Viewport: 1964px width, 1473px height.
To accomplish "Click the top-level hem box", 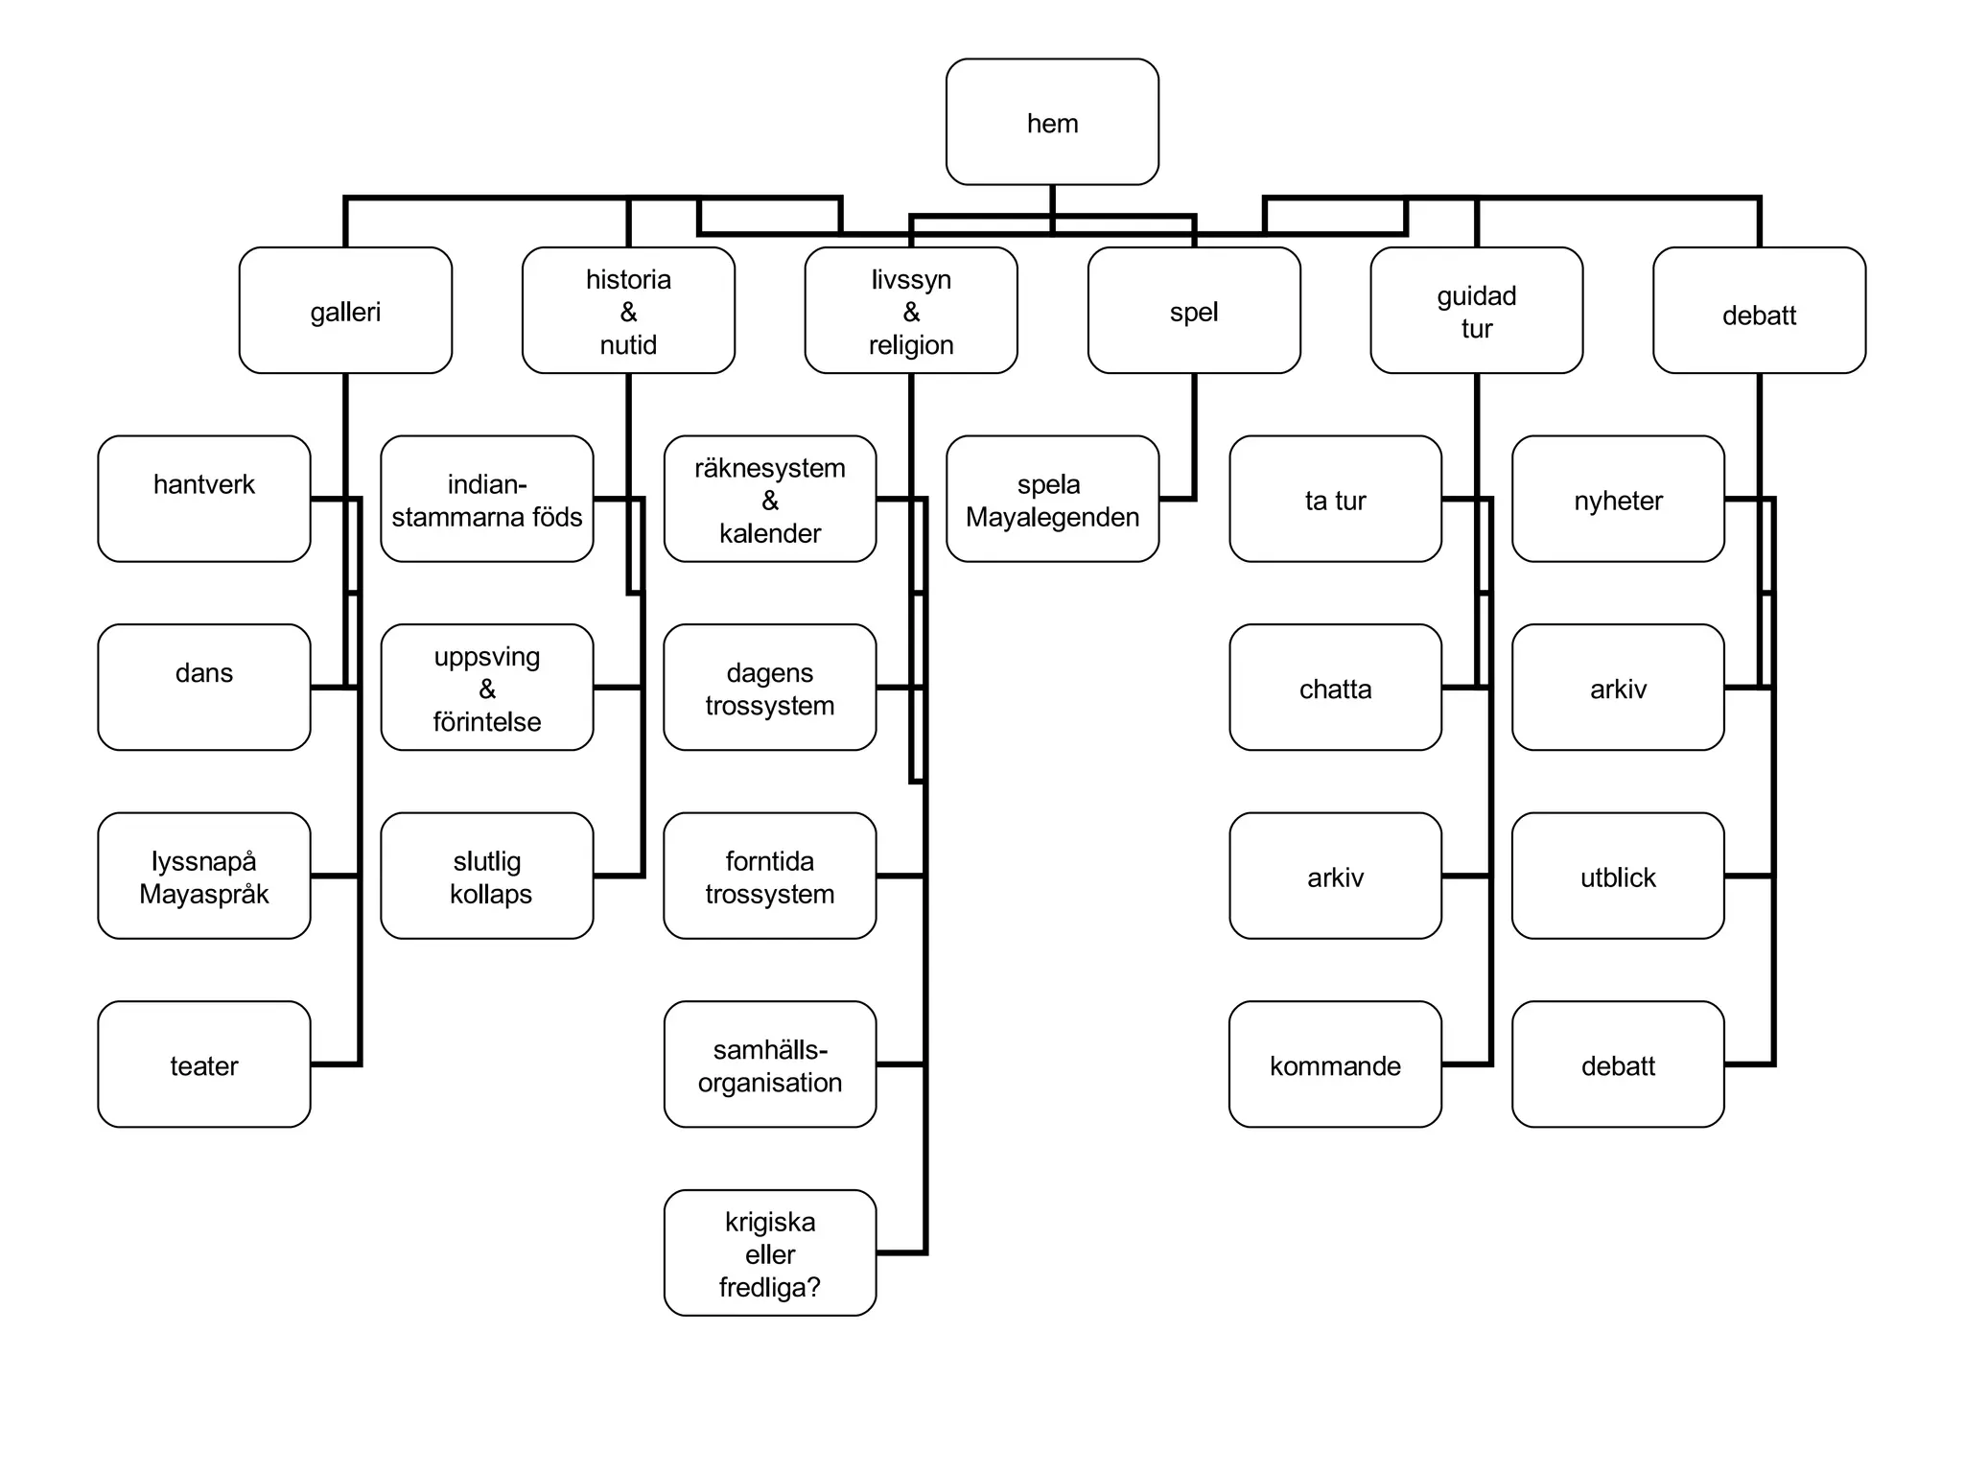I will click(x=1052, y=122).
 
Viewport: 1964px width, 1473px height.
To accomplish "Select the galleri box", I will click(x=345, y=311).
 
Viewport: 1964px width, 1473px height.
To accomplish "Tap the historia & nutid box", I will click(x=628, y=311).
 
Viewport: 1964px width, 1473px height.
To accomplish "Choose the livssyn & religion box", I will click(x=911, y=311).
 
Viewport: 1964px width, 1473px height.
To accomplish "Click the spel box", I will click(x=1194, y=311).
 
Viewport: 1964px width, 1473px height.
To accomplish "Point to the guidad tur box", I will click(x=1476, y=311).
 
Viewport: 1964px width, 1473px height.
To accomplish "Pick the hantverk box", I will click(x=204, y=499).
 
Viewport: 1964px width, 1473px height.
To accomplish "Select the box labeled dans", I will click(x=204, y=687).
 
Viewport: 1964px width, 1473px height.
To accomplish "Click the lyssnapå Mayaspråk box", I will click(x=204, y=876).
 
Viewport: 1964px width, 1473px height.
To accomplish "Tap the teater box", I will click(x=204, y=1064).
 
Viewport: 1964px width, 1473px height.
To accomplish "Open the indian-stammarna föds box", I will click(x=487, y=499).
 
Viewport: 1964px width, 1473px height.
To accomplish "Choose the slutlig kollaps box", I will click(x=487, y=876).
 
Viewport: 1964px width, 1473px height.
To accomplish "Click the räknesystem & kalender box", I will click(x=770, y=499).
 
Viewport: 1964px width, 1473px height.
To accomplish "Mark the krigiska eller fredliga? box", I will click(x=770, y=1252).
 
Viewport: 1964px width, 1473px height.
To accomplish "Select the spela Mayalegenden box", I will click(x=1052, y=499).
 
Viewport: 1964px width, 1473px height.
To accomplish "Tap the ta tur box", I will click(x=1335, y=499).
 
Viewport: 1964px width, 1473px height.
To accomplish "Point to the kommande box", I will click(x=1335, y=1064).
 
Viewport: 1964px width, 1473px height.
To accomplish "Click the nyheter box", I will click(x=1618, y=499).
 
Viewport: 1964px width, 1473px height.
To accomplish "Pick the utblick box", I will click(x=1618, y=876).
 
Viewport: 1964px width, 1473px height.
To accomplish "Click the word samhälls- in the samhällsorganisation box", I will click(x=770, y=1049).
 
